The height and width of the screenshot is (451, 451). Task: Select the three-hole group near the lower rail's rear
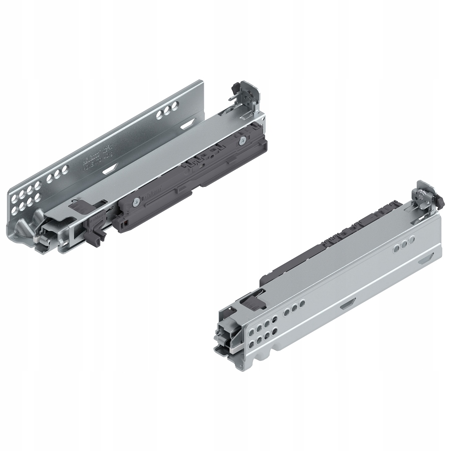pyautogui.click(x=404, y=246)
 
